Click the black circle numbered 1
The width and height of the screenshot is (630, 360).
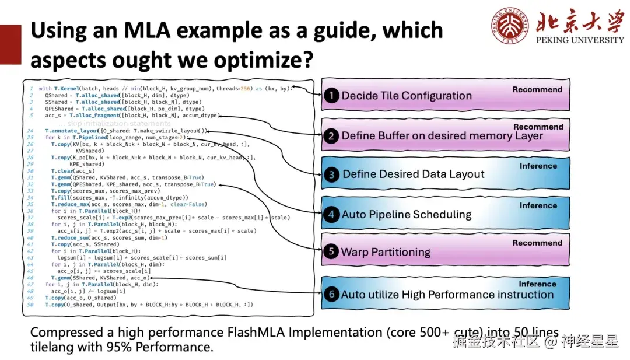coord(332,96)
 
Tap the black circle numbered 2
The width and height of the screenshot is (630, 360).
coord(331,136)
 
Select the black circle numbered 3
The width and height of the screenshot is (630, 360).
coord(332,174)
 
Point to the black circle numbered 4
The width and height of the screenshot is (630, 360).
coord(331,214)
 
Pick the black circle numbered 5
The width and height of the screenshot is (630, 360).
coord(331,252)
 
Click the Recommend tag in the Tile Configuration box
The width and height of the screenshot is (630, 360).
coord(537,89)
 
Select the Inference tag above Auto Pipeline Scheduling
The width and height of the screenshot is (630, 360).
coord(538,205)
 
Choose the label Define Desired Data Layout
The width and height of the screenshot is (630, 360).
coord(414,174)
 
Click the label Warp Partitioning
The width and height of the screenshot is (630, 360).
coord(386,252)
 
